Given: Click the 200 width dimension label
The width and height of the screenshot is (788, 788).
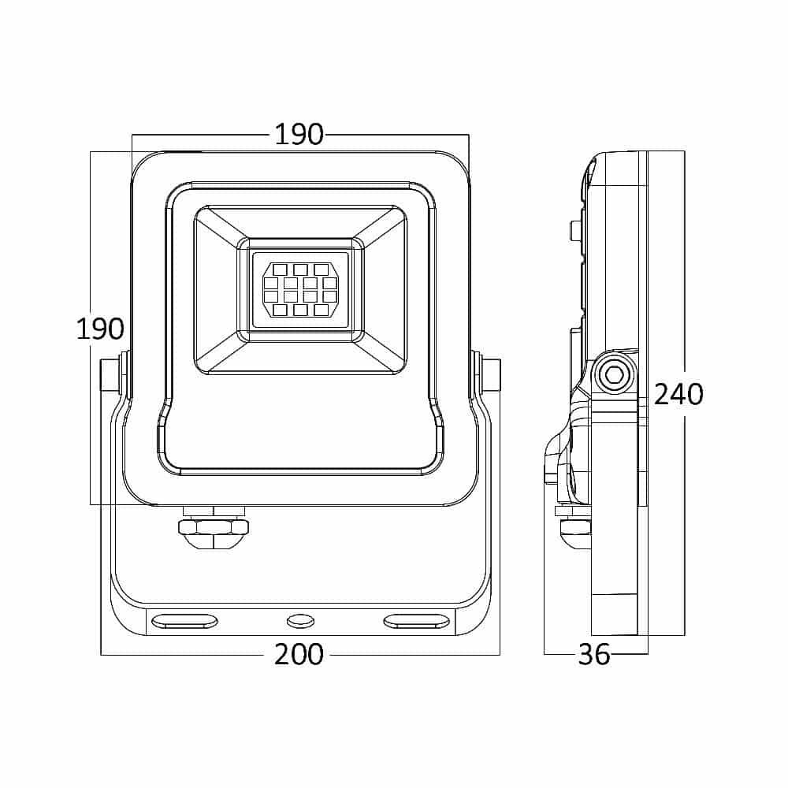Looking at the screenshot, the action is pyautogui.click(x=299, y=654).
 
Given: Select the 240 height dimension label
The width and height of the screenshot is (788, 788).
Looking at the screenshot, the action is pyautogui.click(x=678, y=394).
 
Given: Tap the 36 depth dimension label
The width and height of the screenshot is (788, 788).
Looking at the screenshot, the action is pyautogui.click(x=594, y=654).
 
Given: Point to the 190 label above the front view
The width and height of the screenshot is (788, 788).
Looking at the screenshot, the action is pyautogui.click(x=299, y=134).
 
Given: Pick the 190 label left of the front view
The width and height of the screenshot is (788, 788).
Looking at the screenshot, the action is pyautogui.click(x=100, y=329).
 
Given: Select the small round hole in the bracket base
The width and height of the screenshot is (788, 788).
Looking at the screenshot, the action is pyautogui.click(x=300, y=622).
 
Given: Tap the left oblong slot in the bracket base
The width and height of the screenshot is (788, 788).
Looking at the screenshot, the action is pyautogui.click(x=185, y=622).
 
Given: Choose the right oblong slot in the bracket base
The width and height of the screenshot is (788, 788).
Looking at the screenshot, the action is pyautogui.click(x=417, y=622).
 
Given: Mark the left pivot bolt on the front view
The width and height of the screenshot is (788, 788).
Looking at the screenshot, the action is pyautogui.click(x=114, y=374).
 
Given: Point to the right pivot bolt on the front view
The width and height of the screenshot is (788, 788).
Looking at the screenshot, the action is pyautogui.click(x=486, y=374).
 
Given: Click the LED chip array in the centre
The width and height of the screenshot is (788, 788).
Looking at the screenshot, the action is pyautogui.click(x=300, y=290).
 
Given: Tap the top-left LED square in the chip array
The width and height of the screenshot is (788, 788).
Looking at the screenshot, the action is pyautogui.click(x=281, y=269).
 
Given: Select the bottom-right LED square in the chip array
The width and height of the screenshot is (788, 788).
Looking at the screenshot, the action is pyautogui.click(x=321, y=310).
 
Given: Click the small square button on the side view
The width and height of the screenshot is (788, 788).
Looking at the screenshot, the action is pyautogui.click(x=574, y=231).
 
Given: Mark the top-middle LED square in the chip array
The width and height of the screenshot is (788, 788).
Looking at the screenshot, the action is pyautogui.click(x=300, y=269).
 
